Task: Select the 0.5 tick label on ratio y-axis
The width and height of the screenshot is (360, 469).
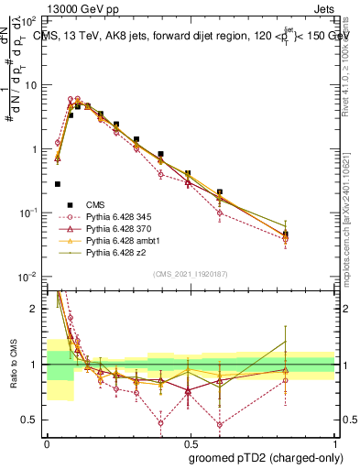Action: click(x=29, y=420)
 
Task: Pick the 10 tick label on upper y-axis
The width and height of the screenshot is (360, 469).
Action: click(x=31, y=85)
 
